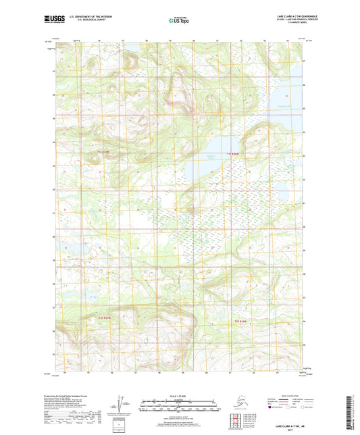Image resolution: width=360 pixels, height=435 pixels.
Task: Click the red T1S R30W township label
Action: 232,154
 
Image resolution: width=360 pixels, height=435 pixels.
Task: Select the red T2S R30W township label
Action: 241,321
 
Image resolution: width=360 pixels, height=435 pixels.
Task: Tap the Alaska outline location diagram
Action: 235,400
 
